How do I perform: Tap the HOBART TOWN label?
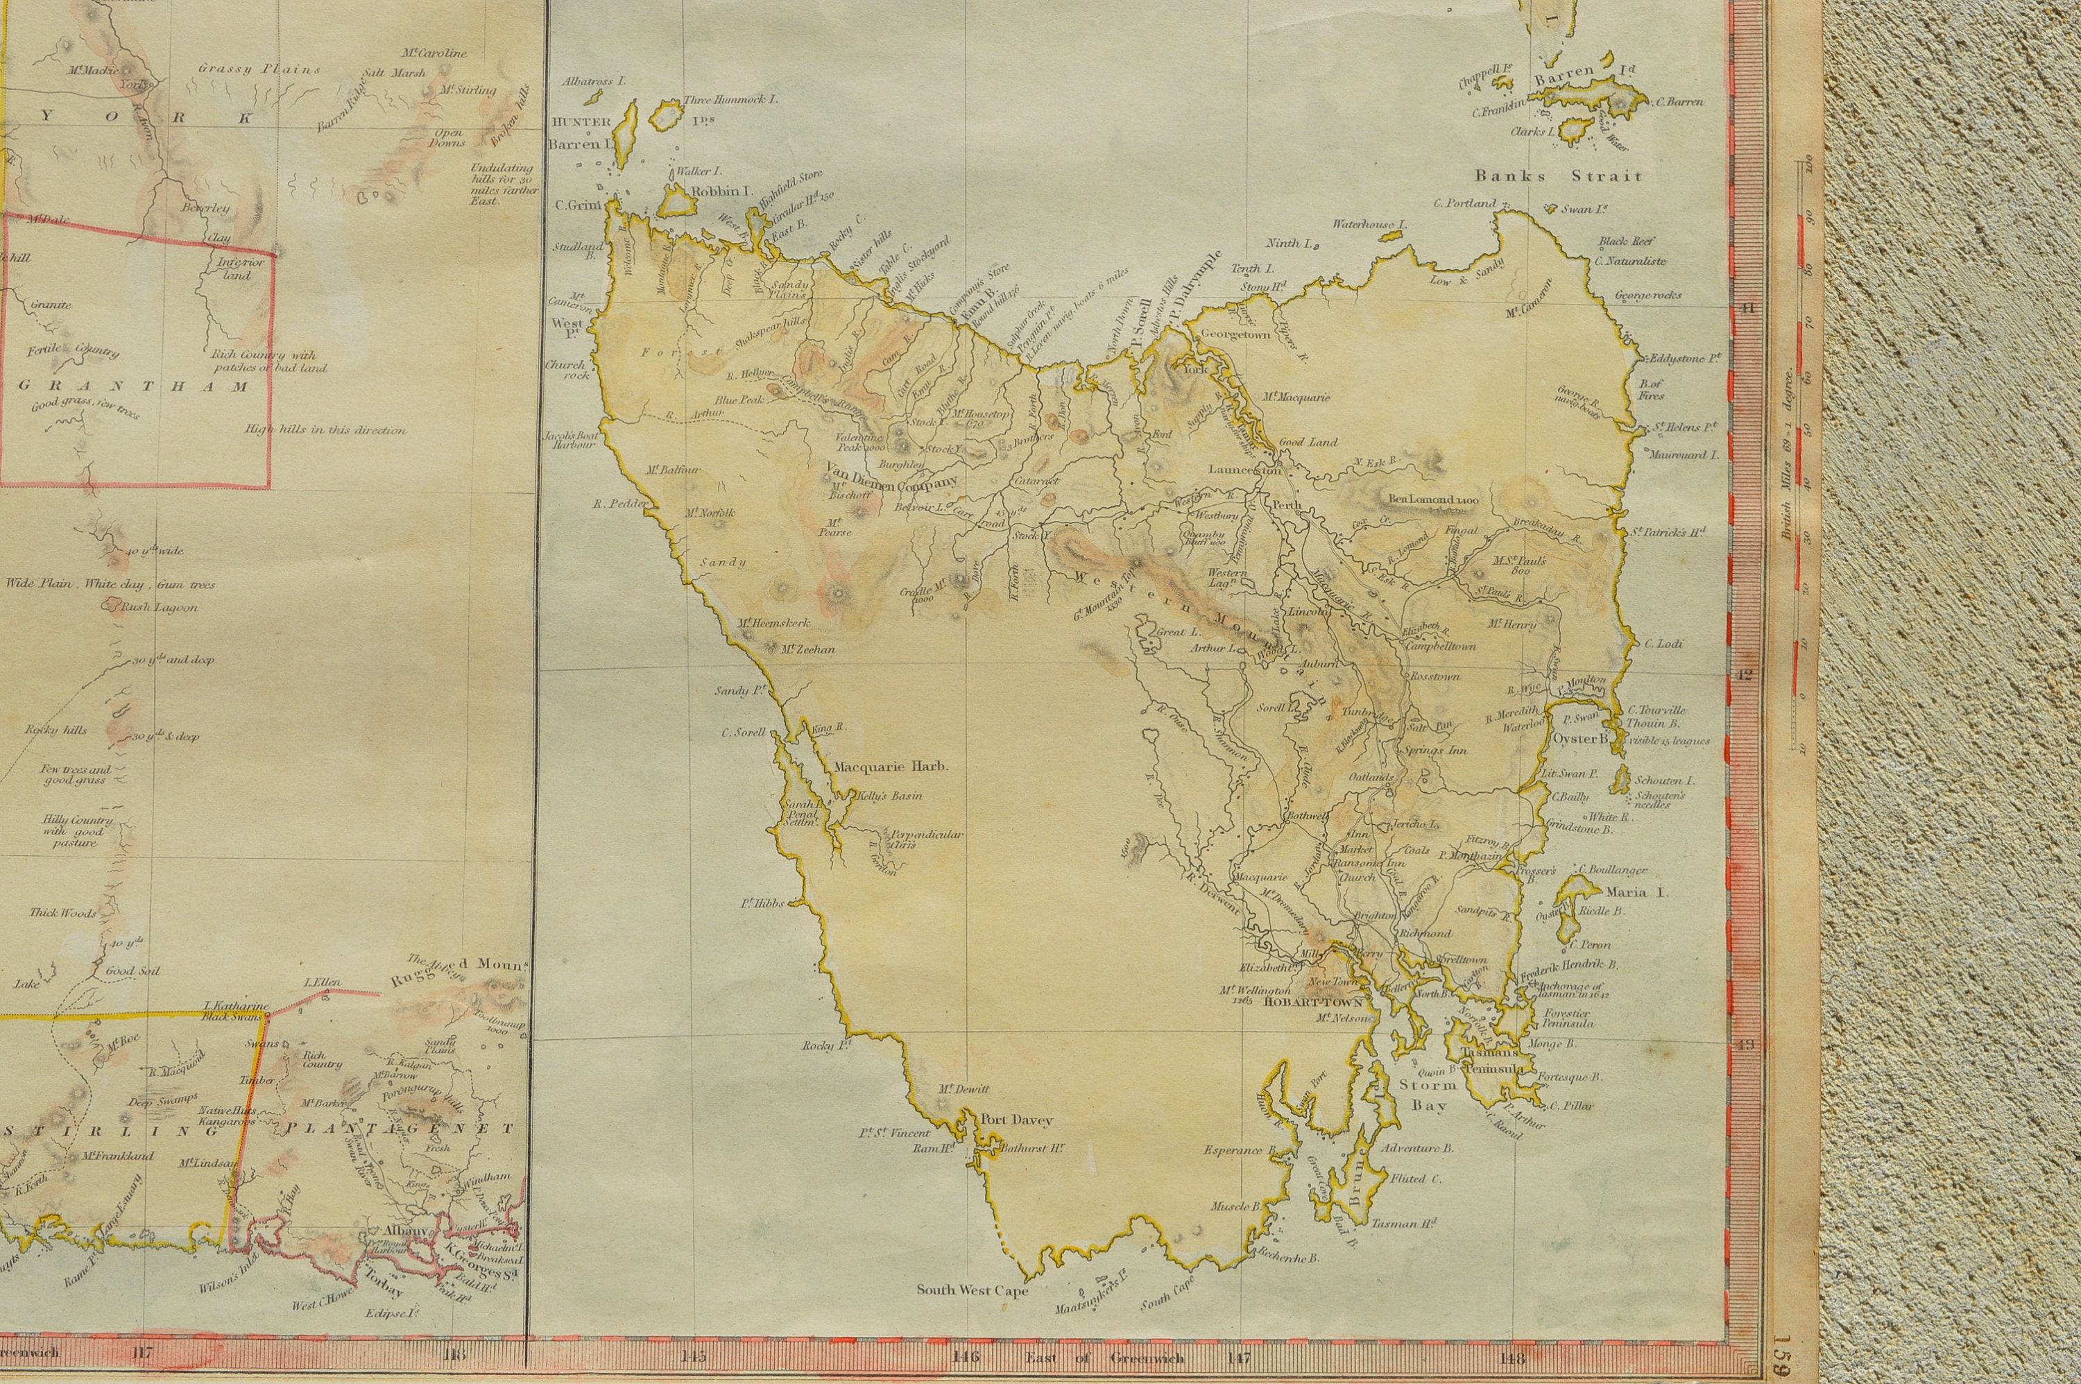(x=1313, y=1002)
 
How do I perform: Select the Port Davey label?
(x=1017, y=1120)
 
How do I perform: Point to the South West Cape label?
(x=972, y=1290)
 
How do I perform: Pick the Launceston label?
(x=1244, y=470)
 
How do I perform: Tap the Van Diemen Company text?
(x=891, y=483)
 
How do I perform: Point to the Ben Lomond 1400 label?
(x=1432, y=499)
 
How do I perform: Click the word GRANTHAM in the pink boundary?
(x=134, y=386)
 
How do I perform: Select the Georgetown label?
(x=1235, y=335)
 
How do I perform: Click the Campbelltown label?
(x=1440, y=646)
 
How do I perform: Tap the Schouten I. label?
(x=1663, y=781)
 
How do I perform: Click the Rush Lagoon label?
(x=159, y=607)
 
